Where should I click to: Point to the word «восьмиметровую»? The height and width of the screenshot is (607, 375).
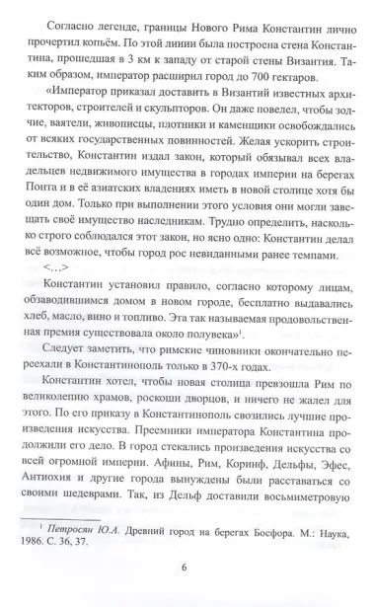[x=296, y=509]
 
